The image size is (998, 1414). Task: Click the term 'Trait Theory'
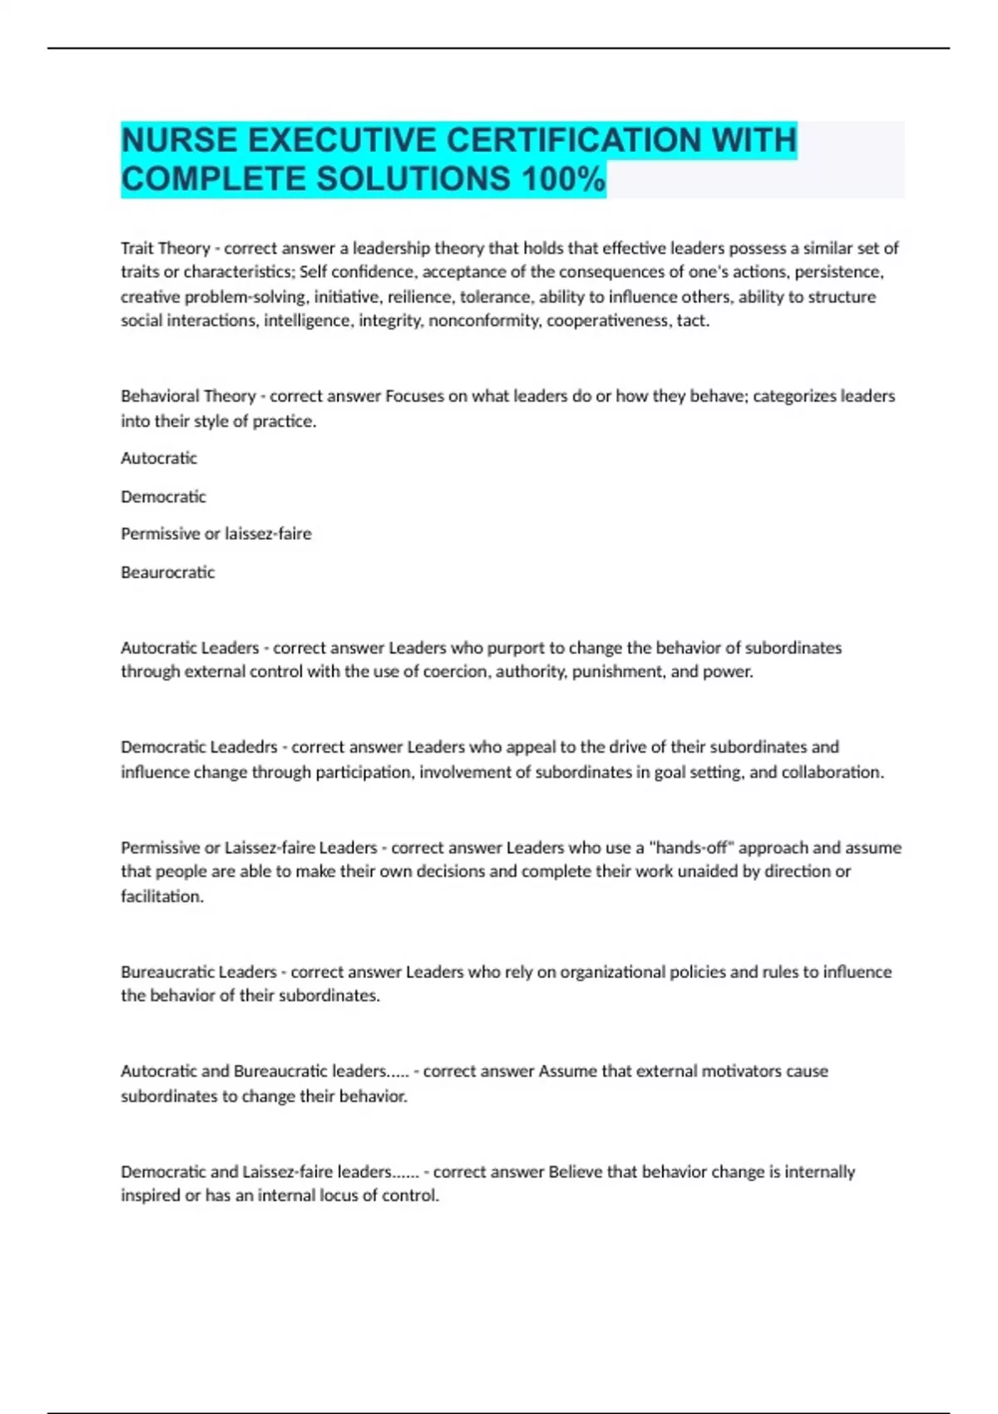pos(166,248)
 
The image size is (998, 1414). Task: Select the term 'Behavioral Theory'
pos(188,396)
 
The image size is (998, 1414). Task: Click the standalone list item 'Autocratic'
pos(159,458)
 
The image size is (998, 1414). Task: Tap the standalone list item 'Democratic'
pos(163,497)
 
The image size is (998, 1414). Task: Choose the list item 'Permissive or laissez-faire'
pos(216,533)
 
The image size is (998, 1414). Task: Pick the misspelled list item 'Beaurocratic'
pos(168,572)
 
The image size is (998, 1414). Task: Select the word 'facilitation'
pos(161,896)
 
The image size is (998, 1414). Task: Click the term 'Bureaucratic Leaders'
pos(199,972)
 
